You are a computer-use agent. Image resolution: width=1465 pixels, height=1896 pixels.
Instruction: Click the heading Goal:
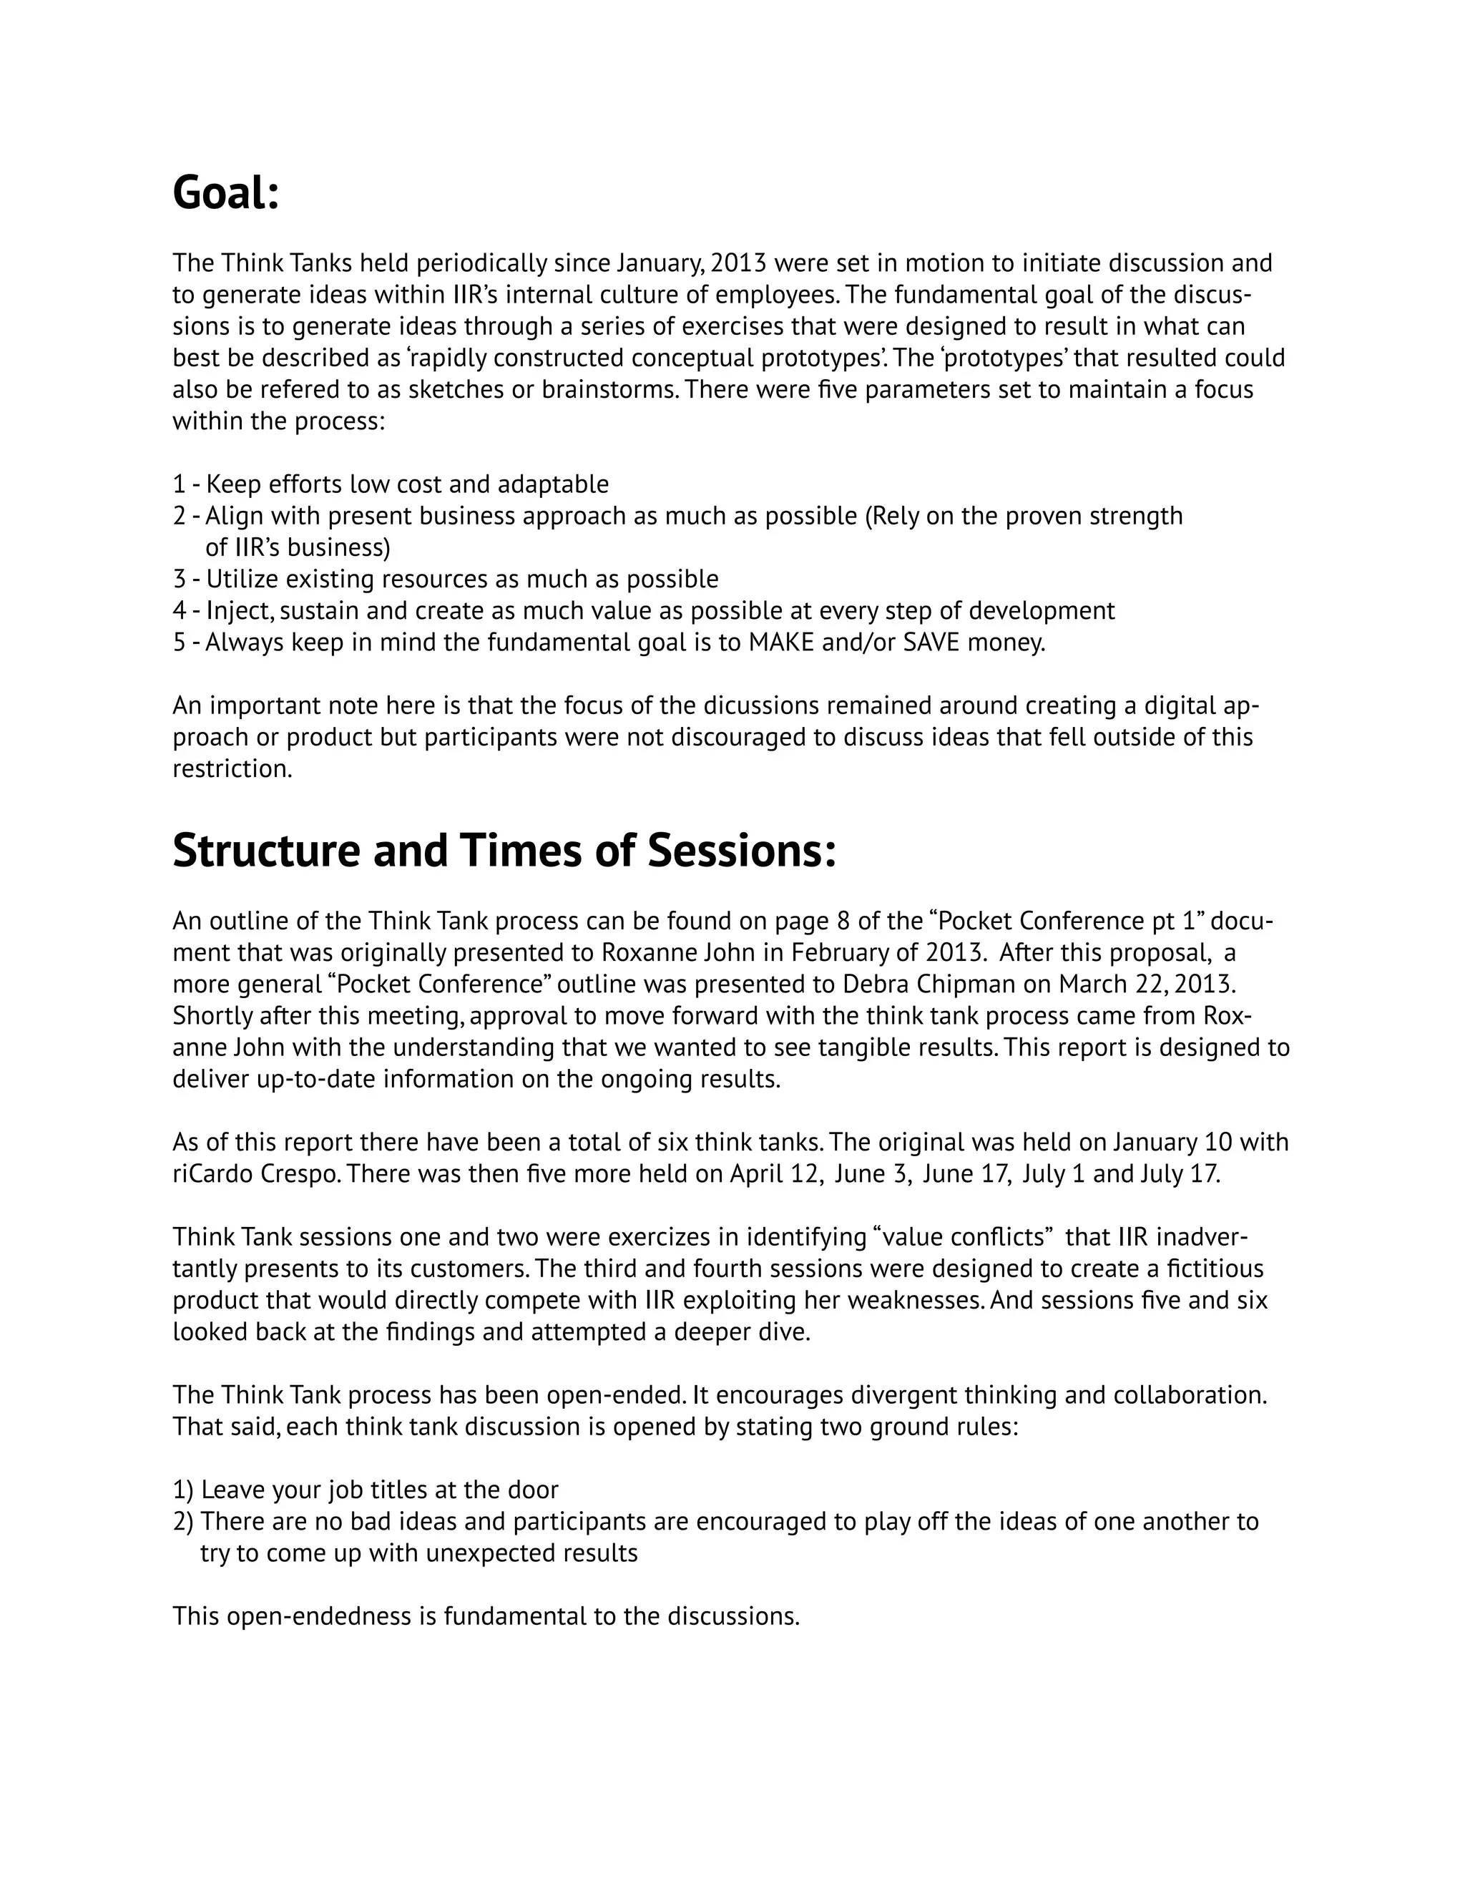225,192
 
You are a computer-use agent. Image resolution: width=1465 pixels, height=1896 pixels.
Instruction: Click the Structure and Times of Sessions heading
504,850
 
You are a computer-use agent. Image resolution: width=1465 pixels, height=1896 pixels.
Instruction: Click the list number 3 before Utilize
179,579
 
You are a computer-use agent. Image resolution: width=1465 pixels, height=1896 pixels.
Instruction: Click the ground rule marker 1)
183,1489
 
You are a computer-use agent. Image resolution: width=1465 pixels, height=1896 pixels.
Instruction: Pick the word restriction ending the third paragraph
232,769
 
